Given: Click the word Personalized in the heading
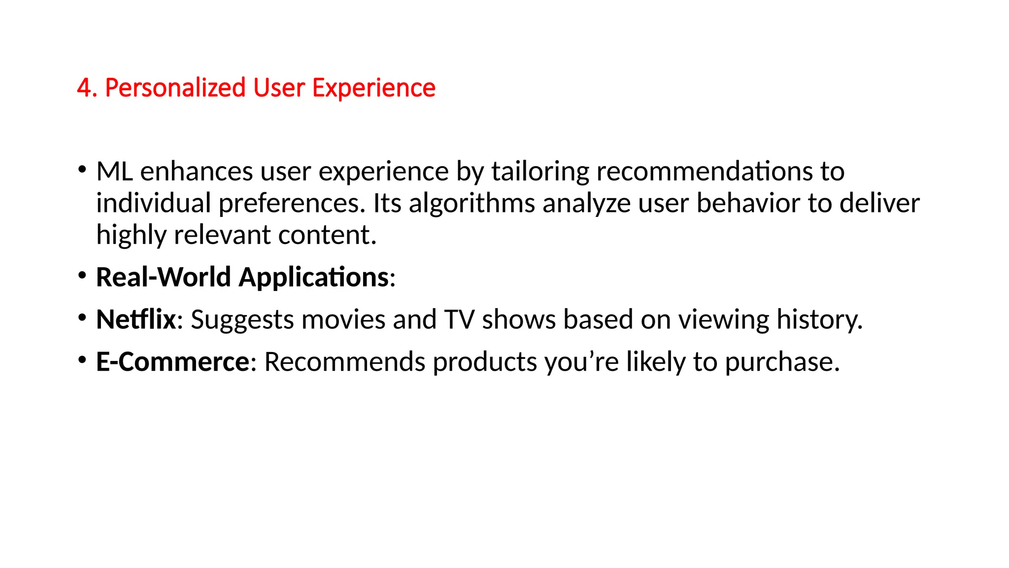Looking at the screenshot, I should pos(175,88).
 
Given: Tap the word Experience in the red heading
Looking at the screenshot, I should pos(373,88).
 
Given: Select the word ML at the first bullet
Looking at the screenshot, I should pos(114,172).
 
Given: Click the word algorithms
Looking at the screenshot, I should pos(471,203).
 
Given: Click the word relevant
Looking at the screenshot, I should pos(222,235).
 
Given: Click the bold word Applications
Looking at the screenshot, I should pos(313,278).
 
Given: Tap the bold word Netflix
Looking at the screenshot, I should pos(136,319).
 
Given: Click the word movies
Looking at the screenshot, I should pos(343,319).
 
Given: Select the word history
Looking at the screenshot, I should pos(819,319).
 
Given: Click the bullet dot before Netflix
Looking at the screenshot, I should pos(82,318).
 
